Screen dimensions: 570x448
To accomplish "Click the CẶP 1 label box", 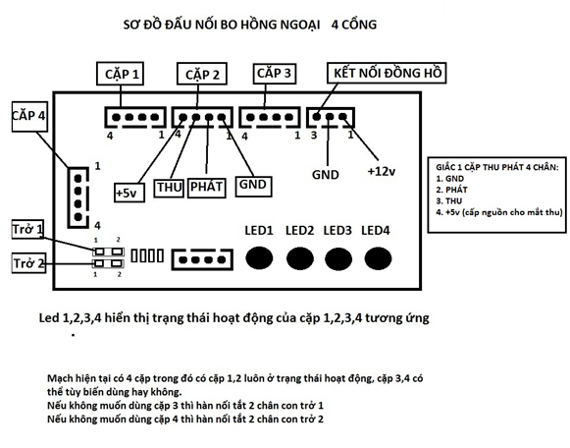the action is click(120, 74).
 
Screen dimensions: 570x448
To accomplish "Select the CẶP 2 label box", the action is click(202, 74).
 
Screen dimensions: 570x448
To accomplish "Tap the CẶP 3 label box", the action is click(274, 73).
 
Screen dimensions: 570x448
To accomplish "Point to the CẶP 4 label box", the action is click(29, 116).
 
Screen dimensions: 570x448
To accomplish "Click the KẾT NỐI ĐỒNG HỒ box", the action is click(387, 73).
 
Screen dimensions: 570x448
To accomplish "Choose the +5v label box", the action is click(130, 193).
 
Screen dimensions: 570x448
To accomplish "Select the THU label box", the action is click(169, 188).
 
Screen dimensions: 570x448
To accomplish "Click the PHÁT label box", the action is click(206, 188).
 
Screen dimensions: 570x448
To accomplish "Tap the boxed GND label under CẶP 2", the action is click(253, 187).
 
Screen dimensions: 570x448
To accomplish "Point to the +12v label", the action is click(382, 171).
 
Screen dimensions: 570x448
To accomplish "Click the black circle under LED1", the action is click(259, 258).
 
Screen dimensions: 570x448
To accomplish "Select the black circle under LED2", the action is click(300, 258).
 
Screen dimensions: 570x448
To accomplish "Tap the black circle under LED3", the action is click(338, 259).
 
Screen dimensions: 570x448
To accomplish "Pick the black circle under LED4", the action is click(378, 258).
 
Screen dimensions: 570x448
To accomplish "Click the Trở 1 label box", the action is click(27, 229).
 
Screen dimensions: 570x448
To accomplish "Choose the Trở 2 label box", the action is click(28, 262).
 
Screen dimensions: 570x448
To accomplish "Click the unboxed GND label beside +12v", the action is click(326, 175).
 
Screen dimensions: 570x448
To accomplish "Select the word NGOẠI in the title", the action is click(300, 25).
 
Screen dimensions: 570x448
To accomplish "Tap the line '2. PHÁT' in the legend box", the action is click(451, 190).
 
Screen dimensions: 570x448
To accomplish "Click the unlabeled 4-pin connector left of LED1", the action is click(202, 259).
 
